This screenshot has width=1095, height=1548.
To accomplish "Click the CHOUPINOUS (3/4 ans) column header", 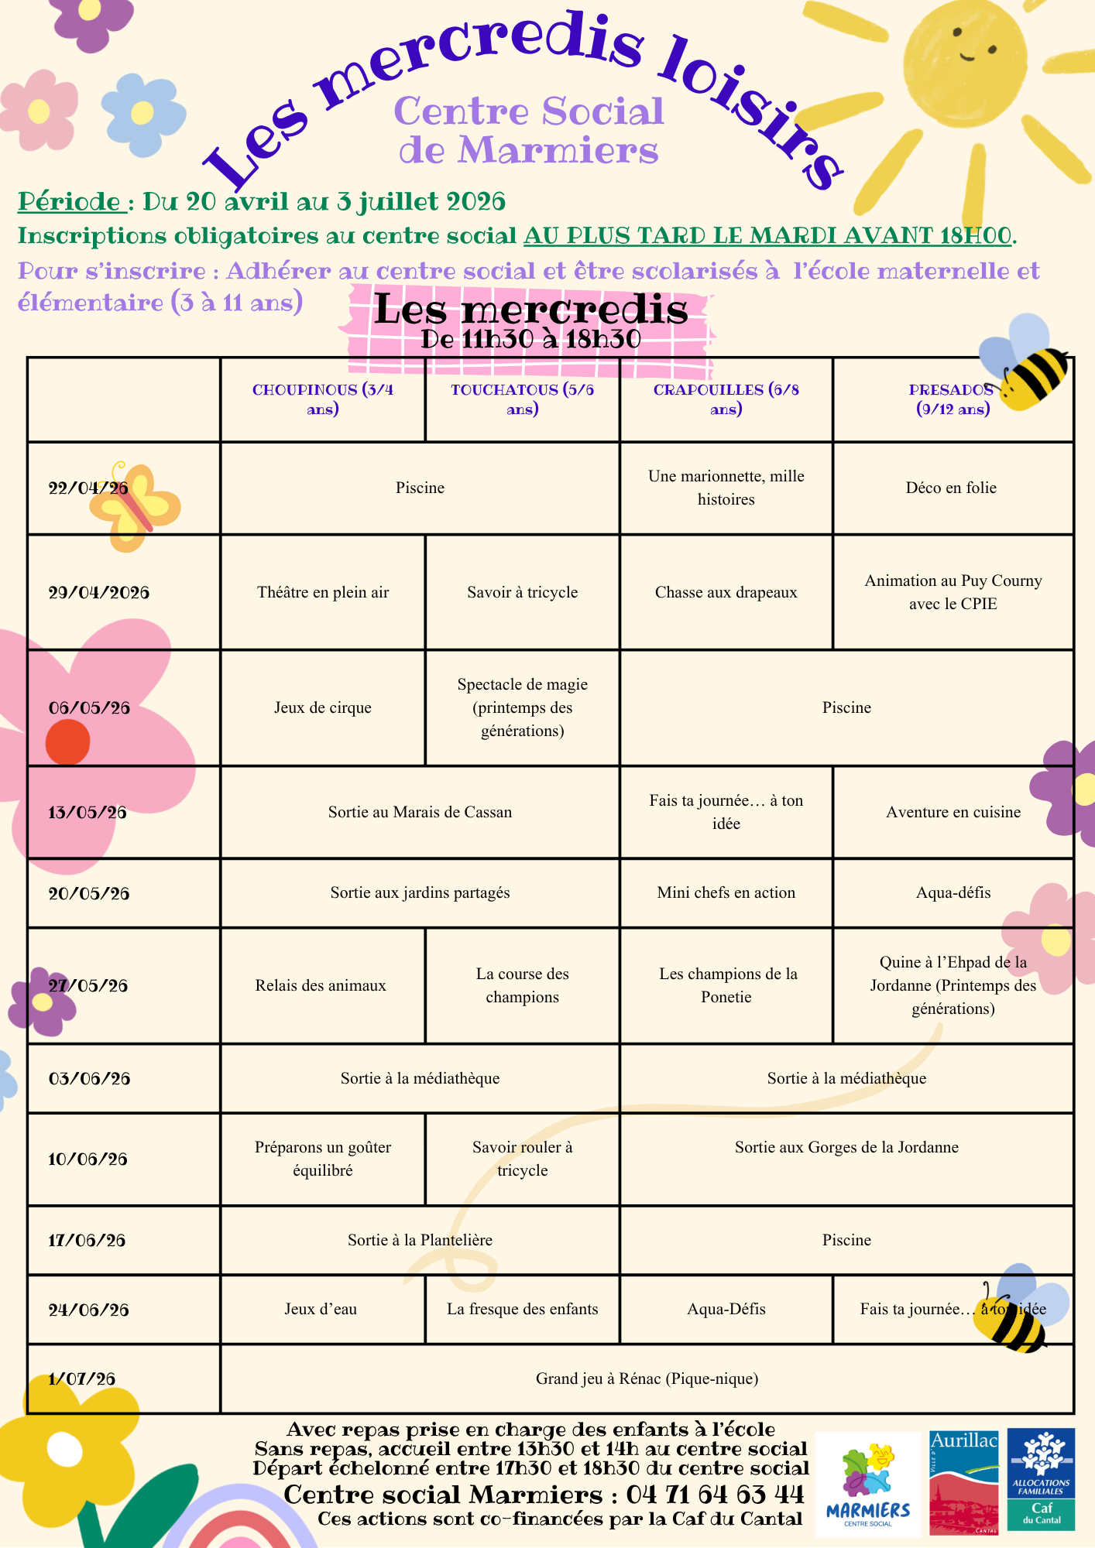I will point(323,399).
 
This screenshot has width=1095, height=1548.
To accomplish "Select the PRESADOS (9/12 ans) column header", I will point(952,399).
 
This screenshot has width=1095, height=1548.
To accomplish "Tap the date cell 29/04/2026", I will point(98,593).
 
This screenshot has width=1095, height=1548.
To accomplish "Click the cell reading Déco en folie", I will point(951,488).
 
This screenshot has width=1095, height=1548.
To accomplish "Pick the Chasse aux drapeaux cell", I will point(726,593).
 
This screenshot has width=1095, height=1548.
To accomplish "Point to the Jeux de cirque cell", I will point(322,708).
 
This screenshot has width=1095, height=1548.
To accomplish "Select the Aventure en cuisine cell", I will point(953,813).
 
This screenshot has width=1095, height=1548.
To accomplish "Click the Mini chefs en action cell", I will point(726,893).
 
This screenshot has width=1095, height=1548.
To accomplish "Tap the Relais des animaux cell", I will point(321,986).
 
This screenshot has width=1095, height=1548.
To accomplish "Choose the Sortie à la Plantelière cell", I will point(420,1241).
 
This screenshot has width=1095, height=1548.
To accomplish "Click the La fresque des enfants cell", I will point(522,1310).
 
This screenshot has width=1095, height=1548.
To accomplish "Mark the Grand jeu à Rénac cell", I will point(647,1379).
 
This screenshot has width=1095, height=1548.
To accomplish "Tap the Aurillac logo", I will point(963,1481).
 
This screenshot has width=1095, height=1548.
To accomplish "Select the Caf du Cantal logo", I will point(1041,1480).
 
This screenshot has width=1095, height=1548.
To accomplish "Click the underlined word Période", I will point(71,202).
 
